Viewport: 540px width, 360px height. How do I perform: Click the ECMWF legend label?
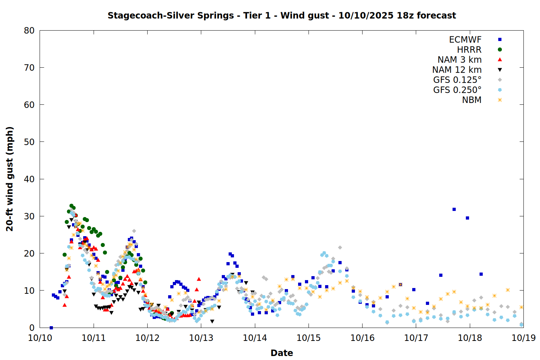tap(465, 40)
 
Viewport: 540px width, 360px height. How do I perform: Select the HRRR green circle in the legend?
tap(500, 50)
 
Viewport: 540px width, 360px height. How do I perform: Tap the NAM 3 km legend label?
tap(459, 60)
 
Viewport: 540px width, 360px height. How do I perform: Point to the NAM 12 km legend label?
tap(457, 70)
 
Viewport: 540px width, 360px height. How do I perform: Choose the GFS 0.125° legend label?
tap(457, 80)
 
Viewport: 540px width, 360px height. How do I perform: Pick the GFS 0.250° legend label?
tap(457, 90)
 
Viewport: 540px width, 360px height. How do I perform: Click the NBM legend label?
tap(472, 100)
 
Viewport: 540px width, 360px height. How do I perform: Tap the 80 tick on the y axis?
tap(29, 31)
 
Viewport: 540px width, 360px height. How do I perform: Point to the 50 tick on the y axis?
tap(29, 142)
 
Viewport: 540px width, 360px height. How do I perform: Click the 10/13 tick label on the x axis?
tap(201, 338)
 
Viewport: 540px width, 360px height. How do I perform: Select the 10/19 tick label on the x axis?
tap(523, 338)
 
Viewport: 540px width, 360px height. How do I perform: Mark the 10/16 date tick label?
tap(362, 338)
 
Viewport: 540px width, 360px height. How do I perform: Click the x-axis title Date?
tap(282, 353)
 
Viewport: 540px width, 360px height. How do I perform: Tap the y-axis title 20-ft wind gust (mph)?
tap(10, 179)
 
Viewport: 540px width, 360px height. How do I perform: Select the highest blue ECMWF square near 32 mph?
tap(454, 209)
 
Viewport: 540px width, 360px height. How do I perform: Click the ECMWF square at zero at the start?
tap(51, 328)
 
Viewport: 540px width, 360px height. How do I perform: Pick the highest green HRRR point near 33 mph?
tap(71, 206)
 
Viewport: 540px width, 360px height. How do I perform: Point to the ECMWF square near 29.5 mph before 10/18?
tap(467, 218)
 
